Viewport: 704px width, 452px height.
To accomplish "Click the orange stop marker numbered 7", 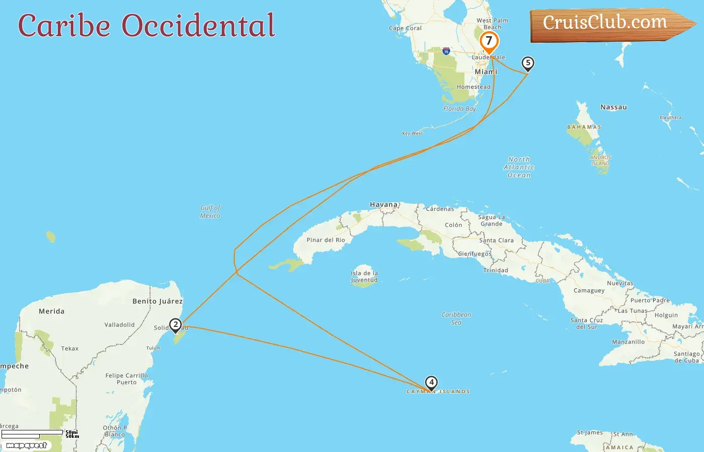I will (489, 41).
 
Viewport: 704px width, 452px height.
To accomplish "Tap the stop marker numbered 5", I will (527, 63).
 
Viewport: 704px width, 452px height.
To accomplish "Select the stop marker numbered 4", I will (431, 383).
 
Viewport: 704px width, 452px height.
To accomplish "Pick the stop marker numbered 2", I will (175, 325).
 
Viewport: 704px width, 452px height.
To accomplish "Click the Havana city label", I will (384, 205).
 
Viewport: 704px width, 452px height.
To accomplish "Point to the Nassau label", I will (613, 107).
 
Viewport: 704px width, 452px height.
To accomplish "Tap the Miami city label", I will (486, 72).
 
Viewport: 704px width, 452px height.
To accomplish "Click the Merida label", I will (51, 311).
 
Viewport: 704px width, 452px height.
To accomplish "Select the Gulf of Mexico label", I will (210, 211).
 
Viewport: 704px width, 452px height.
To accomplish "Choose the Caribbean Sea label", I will (456, 318).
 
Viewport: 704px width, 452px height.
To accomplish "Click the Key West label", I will (412, 134).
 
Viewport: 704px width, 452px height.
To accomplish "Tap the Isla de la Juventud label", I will (364, 277).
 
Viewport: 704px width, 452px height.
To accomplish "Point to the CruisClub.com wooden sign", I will (605, 24).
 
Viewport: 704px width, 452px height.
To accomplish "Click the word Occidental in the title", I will (199, 26).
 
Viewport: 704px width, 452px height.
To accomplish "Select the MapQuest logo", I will (26, 445).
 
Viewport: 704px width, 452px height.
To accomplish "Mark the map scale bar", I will (33, 433).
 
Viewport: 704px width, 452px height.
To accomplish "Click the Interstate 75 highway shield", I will (446, 51).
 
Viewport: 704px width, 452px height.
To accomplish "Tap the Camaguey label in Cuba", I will (589, 291).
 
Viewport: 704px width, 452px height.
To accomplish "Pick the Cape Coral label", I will (405, 29).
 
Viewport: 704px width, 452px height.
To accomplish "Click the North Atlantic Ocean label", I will (519, 167).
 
